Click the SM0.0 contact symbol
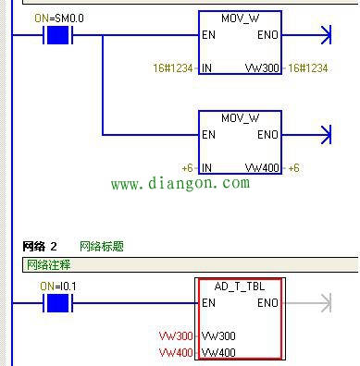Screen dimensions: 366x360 [58, 36]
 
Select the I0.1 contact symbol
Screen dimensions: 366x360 [58, 302]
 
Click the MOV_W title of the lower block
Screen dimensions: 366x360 [240, 118]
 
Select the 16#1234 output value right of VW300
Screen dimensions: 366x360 [309, 68]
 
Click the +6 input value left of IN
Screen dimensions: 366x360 [186, 167]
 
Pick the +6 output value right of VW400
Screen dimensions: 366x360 [293, 167]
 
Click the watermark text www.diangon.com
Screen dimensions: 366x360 [180, 184]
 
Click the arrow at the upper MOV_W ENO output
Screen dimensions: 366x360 [324, 36]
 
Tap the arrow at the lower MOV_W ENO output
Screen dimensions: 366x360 [324, 135]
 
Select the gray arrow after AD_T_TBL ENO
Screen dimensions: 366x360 [324, 302]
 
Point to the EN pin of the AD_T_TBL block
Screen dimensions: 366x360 [207, 303]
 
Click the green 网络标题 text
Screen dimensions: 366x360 [102, 247]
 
